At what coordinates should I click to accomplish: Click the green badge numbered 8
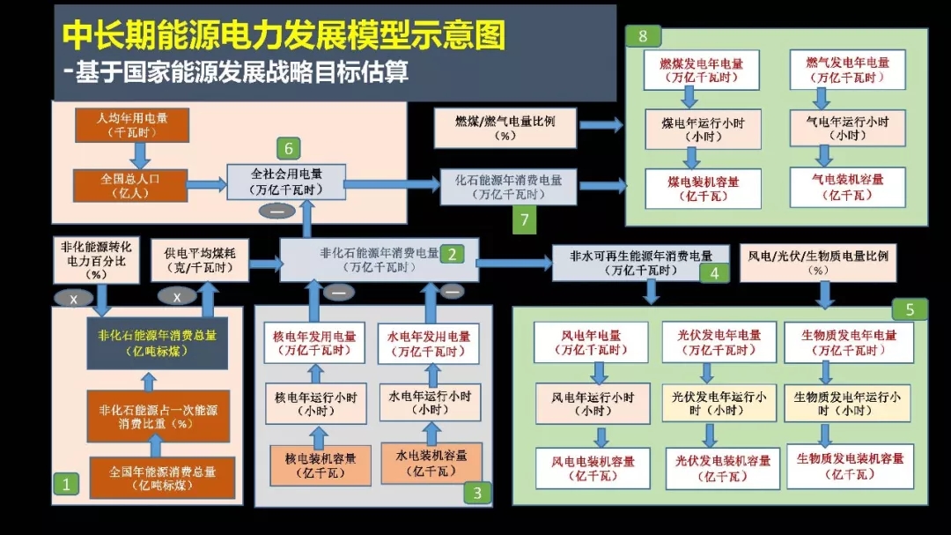click(x=643, y=36)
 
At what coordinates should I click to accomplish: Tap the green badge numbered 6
click(x=288, y=147)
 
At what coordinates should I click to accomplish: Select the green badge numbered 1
click(x=66, y=483)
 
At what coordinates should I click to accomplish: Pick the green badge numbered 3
click(x=477, y=493)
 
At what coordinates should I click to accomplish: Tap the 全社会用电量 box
click(x=286, y=182)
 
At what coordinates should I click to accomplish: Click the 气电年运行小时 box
click(x=847, y=128)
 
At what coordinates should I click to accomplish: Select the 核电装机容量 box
click(x=314, y=464)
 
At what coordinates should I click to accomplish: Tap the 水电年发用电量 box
click(x=429, y=343)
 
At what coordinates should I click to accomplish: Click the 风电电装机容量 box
click(x=593, y=468)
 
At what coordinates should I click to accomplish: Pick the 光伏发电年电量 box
click(x=719, y=342)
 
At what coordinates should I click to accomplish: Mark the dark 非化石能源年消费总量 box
click(x=157, y=343)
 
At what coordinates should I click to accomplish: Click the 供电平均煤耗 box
click(x=206, y=260)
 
